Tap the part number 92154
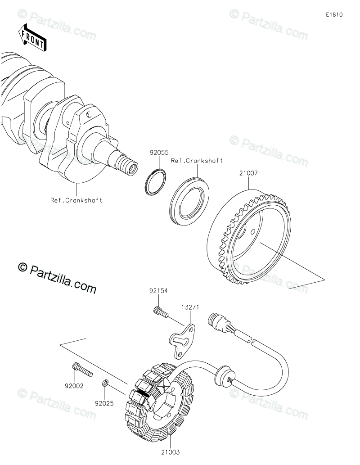(158, 291)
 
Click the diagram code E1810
(335, 15)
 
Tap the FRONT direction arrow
(32, 38)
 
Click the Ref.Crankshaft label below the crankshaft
(76, 200)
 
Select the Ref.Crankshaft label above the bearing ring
(197, 161)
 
